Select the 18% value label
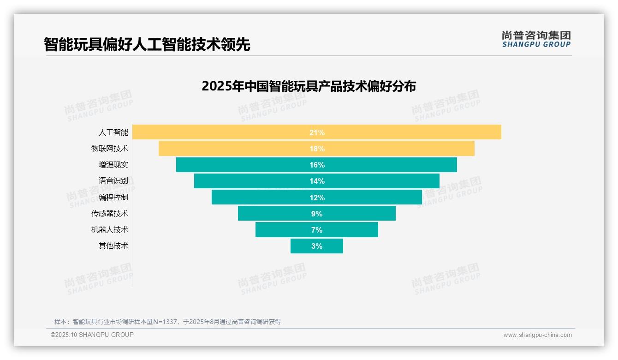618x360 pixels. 317,149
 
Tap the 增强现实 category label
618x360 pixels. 113,165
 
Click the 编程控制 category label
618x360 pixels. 113,197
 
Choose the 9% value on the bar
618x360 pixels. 317,214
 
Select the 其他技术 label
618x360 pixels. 113,246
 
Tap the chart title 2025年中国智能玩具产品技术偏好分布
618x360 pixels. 309,86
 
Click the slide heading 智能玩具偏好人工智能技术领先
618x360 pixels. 147,44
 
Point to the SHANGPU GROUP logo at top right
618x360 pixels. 536,39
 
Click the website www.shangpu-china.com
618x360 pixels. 537,335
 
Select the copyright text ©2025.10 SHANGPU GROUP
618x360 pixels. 92,335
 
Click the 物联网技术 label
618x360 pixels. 109,149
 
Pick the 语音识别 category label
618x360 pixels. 113,181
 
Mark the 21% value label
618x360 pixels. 317,132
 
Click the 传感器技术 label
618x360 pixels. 109,214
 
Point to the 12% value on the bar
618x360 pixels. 317,198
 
